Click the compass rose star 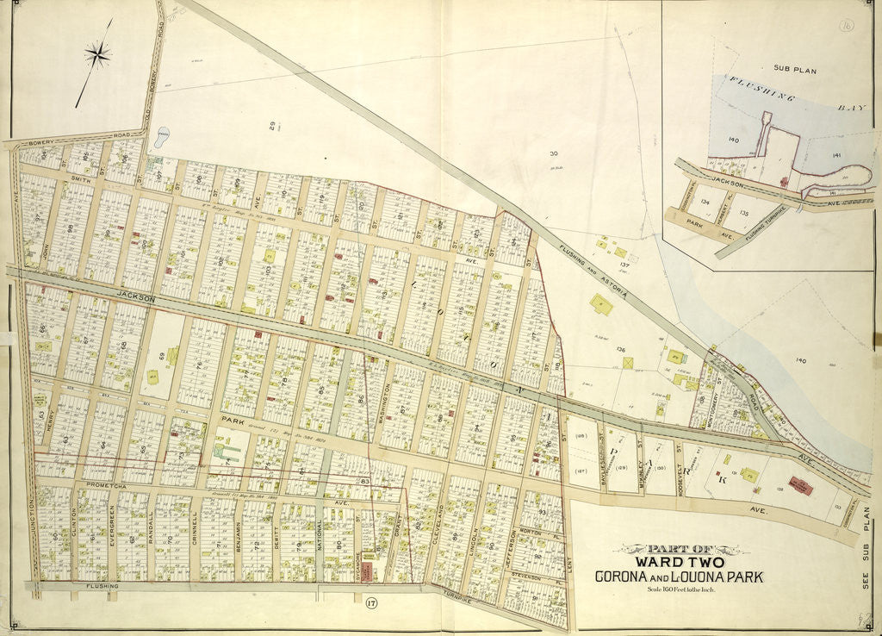97,55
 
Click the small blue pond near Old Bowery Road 162,135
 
